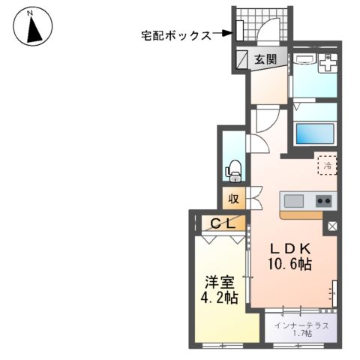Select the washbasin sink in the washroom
[x=327, y=65]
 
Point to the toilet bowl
[x=233, y=171]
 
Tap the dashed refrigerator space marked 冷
[x=326, y=163]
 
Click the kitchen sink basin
[x=293, y=201]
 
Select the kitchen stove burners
[x=324, y=201]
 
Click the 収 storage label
[x=233, y=199]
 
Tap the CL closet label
[x=223, y=223]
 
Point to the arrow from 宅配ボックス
[x=223, y=34]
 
